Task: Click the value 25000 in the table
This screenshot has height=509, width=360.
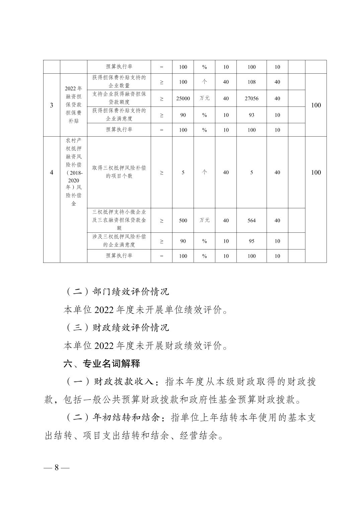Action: pos(183,98)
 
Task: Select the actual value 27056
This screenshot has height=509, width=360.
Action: pos(251,98)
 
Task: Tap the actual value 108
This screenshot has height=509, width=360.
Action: pos(251,82)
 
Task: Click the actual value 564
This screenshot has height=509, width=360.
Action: pos(251,220)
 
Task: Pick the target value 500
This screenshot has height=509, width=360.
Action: pos(183,220)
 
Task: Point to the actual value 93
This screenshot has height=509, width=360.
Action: pos(251,115)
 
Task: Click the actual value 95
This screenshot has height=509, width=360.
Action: pos(251,241)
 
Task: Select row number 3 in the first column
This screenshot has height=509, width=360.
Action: pos(52,105)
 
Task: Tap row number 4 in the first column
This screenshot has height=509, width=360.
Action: pos(52,172)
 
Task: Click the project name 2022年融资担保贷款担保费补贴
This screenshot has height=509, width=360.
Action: pos(73,105)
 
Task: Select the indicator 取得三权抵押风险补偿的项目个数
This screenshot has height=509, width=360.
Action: pos(119,172)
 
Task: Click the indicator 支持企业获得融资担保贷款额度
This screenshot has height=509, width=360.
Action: pos(119,98)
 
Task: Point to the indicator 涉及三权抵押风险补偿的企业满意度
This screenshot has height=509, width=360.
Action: pos(119,241)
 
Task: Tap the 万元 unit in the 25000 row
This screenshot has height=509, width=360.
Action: pos(204,98)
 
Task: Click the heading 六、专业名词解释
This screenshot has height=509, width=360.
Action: pos(101,364)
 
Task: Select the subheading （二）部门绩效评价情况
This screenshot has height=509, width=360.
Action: pos(117,292)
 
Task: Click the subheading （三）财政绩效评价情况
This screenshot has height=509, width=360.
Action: pos(117,328)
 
